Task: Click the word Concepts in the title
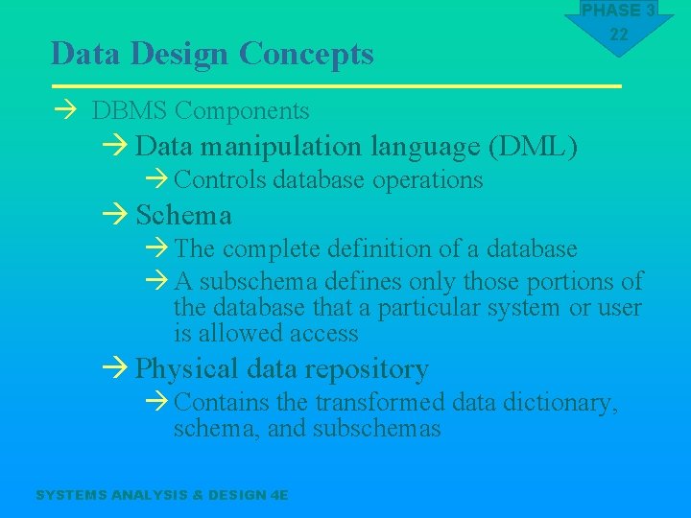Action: (306, 54)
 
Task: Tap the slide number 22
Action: (619, 35)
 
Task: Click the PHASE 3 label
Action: (619, 11)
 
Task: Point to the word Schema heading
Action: (183, 214)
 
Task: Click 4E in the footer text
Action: (279, 495)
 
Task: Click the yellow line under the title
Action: (336, 86)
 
